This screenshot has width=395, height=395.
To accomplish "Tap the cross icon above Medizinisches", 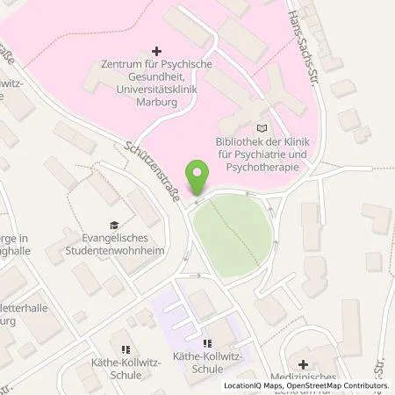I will tap(303, 363).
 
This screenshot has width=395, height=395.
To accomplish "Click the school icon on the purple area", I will tap(207, 344).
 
